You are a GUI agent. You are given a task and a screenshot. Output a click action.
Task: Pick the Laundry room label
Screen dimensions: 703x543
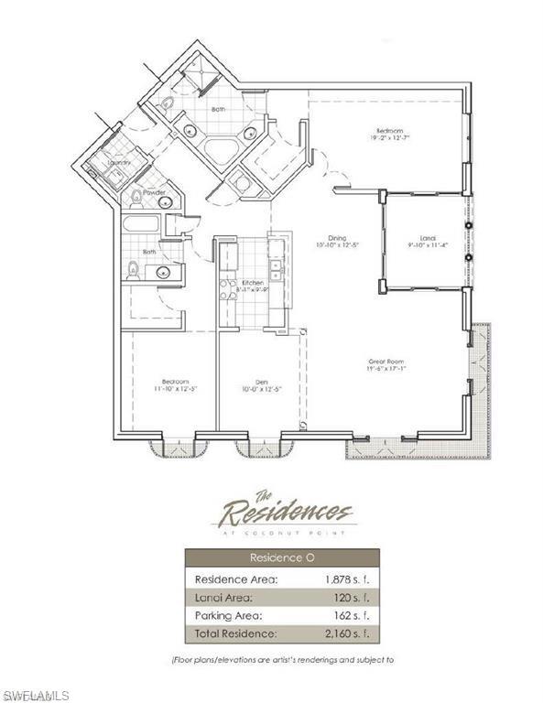click(118, 163)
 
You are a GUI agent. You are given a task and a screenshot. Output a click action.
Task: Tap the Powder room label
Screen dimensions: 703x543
click(154, 192)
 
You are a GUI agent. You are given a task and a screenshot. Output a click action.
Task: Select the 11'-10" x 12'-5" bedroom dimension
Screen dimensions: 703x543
click(175, 389)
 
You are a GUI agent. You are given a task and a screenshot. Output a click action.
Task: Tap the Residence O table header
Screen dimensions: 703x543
click(282, 557)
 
